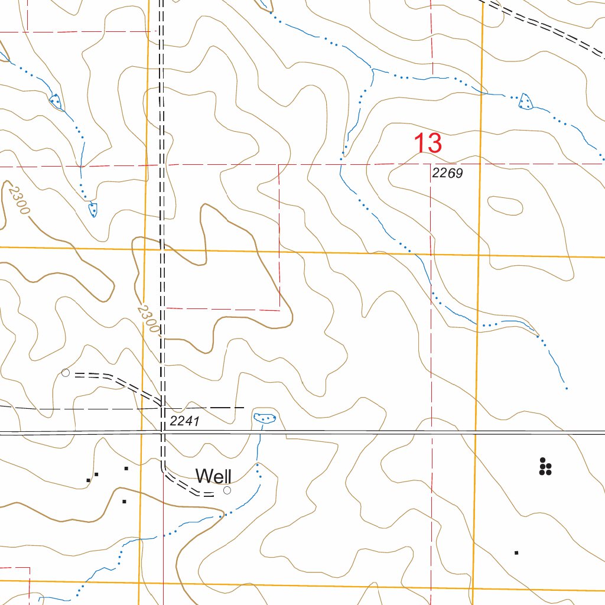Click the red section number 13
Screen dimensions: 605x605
[x=428, y=144]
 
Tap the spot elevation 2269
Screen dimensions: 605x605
[x=447, y=174]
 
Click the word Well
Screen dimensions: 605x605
[x=213, y=476]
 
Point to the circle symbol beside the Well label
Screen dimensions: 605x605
[x=227, y=490]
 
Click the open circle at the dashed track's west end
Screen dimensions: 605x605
[x=66, y=373]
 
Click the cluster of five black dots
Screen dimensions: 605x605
[x=545, y=467]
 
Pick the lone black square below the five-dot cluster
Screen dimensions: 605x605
[x=516, y=552]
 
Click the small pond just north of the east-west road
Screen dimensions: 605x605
[x=264, y=418]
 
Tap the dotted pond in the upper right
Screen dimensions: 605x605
[x=525, y=102]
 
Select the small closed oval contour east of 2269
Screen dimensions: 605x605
[x=505, y=206]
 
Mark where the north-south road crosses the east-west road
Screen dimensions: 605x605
[x=162, y=433]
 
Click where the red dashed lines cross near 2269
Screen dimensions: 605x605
[x=431, y=164]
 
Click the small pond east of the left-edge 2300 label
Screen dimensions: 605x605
[x=93, y=209]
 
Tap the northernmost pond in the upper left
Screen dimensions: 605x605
[x=55, y=101]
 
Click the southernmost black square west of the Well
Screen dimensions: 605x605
[x=124, y=502]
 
